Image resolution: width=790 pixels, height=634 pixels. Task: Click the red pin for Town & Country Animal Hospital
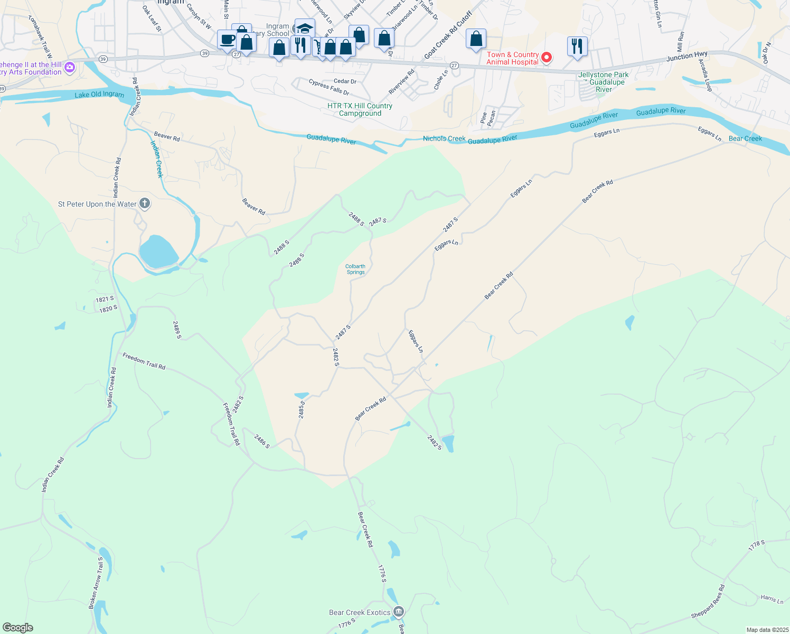click(x=547, y=58)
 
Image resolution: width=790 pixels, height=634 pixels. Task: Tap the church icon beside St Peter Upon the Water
click(x=144, y=204)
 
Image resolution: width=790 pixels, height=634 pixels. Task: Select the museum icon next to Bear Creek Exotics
click(x=399, y=612)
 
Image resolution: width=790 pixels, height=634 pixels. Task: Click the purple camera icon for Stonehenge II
click(x=70, y=68)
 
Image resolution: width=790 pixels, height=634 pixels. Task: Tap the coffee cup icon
click(x=228, y=40)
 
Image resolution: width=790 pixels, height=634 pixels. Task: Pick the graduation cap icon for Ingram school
click(x=305, y=28)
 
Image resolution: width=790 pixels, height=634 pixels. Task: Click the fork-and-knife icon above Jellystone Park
click(x=577, y=46)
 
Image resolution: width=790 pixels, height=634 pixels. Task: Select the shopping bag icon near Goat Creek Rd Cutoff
click(x=476, y=39)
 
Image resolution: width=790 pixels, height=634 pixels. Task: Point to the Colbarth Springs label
click(x=355, y=269)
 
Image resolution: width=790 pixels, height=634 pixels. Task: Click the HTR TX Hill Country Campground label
click(x=360, y=109)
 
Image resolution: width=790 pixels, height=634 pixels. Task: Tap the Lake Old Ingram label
click(x=99, y=95)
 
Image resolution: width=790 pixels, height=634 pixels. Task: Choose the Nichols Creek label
click(x=444, y=138)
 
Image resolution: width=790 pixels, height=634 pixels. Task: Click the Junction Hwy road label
click(x=686, y=55)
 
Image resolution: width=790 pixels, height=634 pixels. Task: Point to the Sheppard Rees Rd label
click(x=708, y=602)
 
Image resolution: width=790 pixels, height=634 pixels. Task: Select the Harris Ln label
click(x=772, y=599)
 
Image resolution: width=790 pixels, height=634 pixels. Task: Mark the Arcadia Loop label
click(x=706, y=75)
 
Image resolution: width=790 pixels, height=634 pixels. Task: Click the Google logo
click(x=18, y=627)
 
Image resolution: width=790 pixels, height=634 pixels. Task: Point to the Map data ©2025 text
click(x=767, y=630)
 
